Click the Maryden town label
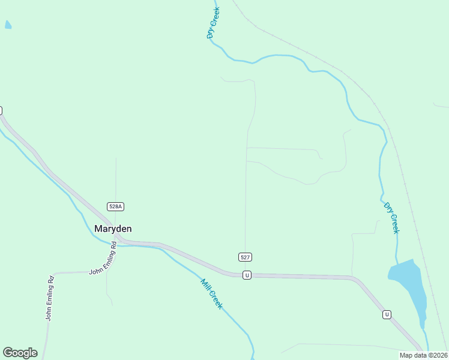(113, 229)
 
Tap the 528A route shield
(115, 206)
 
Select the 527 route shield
(245, 257)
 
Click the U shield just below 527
(246, 275)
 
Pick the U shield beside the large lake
(387, 314)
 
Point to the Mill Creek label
(211, 293)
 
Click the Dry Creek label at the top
(214, 23)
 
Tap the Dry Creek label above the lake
(391, 217)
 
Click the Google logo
(20, 353)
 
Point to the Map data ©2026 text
(424, 355)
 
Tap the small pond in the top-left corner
(8, 25)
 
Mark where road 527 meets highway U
(244, 275)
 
